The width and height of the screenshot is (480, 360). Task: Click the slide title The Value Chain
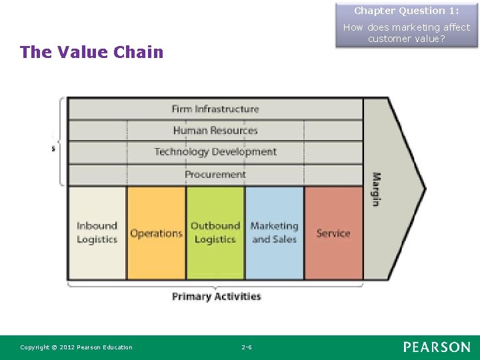click(91, 52)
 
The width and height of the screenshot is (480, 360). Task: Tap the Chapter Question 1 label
click(406, 11)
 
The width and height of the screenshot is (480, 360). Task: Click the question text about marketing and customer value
click(406, 33)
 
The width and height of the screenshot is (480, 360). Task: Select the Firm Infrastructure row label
click(215, 109)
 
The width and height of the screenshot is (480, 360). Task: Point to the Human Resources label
click(215, 130)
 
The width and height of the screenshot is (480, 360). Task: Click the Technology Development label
click(215, 152)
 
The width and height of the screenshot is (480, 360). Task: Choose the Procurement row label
click(215, 174)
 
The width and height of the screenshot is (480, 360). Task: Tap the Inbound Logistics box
click(97, 232)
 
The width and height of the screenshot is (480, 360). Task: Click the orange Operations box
click(156, 233)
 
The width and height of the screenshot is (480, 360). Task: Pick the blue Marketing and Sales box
click(274, 232)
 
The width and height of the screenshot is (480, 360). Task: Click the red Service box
click(333, 233)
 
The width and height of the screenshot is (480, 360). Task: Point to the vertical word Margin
click(376, 189)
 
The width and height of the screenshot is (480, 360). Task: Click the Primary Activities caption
click(216, 296)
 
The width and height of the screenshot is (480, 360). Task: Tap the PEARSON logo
click(436, 347)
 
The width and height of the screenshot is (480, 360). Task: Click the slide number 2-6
click(246, 347)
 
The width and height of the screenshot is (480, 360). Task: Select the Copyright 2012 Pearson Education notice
click(76, 347)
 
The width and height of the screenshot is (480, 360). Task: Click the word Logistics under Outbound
click(215, 239)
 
